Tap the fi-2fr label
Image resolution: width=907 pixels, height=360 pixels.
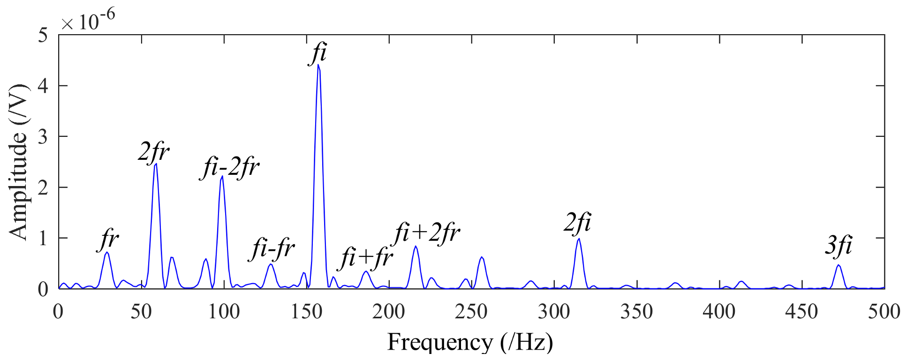click(230, 168)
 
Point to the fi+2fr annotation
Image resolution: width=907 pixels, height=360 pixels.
click(427, 233)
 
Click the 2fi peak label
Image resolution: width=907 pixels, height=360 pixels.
click(577, 223)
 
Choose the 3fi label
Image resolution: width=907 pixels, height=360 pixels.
click(838, 246)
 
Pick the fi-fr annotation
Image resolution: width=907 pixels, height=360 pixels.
click(273, 249)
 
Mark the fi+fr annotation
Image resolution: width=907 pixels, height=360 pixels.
click(367, 258)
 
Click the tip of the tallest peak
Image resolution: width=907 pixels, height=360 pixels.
click(318, 65)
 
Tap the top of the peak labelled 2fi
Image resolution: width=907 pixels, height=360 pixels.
click(579, 239)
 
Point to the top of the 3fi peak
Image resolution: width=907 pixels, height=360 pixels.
click(838, 265)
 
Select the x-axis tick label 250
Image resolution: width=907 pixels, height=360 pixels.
click(471, 312)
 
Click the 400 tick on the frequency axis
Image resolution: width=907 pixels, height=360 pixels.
click(719, 312)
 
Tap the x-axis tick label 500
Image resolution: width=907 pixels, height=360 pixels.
click(884, 312)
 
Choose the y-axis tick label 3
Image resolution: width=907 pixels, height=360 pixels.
click(43, 137)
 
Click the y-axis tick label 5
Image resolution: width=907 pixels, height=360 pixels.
click(43, 35)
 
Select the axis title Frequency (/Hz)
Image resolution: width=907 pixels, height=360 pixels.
click(470, 342)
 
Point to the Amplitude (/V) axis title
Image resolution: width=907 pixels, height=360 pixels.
click(19, 162)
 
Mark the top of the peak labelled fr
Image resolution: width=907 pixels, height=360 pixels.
click(107, 252)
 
